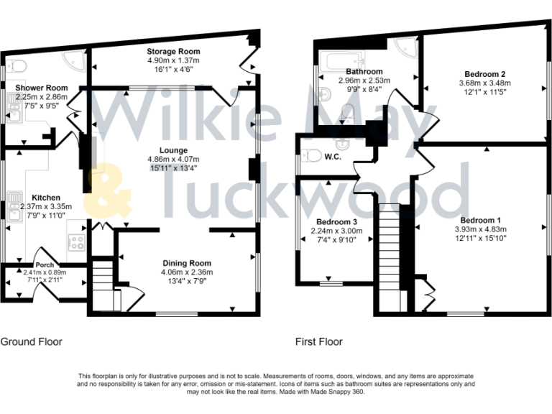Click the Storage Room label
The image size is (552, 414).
tap(173, 52)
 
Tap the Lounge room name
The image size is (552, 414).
tap(173, 150)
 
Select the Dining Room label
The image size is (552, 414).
tap(186, 263)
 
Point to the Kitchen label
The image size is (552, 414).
tap(45, 198)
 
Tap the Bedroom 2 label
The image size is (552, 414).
tap(484, 75)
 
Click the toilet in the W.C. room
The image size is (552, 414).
tap(312, 155)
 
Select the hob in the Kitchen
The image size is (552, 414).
tap(76, 241)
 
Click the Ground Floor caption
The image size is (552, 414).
tap(31, 342)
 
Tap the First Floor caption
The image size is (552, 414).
tap(318, 342)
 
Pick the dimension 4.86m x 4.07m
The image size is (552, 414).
tap(173, 159)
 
